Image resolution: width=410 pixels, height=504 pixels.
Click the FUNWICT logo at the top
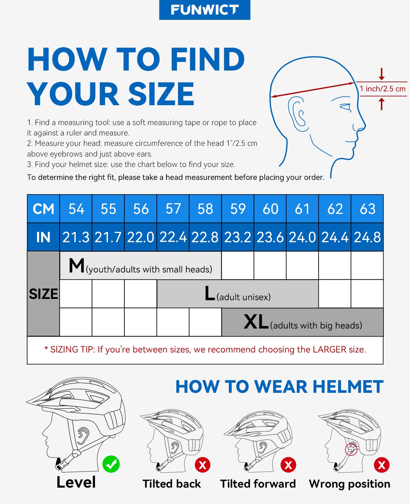pyautogui.click(x=205, y=10)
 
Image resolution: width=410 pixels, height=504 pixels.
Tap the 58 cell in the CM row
pyautogui.click(x=205, y=209)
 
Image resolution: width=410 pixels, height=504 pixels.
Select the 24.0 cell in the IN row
pyautogui.click(x=302, y=237)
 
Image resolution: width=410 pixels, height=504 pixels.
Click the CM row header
pyautogui.click(x=44, y=209)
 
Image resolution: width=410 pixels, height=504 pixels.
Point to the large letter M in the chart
pyautogui.click(x=77, y=265)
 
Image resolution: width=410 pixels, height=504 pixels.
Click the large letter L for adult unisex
pyautogui.click(x=210, y=294)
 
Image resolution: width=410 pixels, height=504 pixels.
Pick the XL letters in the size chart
pyautogui.click(x=256, y=322)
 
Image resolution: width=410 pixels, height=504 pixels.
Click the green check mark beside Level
pyautogui.click(x=111, y=464)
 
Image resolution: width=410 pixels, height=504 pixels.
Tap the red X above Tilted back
pyautogui.click(x=202, y=465)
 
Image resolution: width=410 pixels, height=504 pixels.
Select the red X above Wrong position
pyautogui.click(x=382, y=465)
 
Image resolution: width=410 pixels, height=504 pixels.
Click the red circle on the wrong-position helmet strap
pyautogui.click(x=351, y=450)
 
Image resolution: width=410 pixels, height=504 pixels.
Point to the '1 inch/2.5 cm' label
pyautogui.click(x=382, y=89)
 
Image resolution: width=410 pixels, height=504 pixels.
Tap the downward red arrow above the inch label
pyautogui.click(x=382, y=74)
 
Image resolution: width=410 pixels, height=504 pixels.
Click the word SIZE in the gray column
pyautogui.click(x=44, y=294)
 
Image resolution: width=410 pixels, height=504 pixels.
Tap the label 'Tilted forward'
pyautogui.click(x=258, y=484)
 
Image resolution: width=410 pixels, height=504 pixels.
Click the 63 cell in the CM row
pyautogui.click(x=367, y=209)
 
